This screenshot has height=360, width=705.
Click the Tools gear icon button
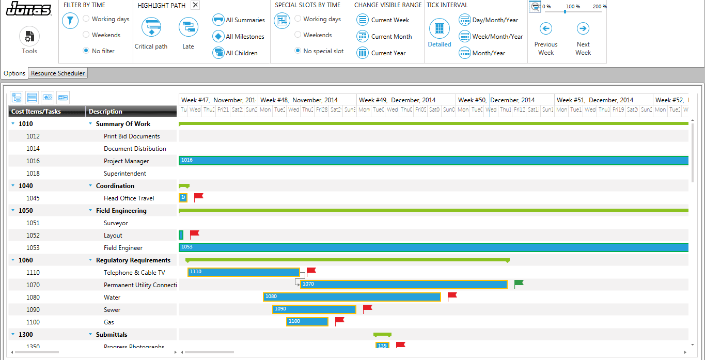point(29,37)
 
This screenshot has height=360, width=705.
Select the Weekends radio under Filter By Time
point(86,35)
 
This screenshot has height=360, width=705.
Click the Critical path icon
point(151,27)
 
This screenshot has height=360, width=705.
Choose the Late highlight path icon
point(188,27)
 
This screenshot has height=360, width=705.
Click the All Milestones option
point(218,37)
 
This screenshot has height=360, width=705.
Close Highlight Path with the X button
point(195,5)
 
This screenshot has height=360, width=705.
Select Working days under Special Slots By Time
point(298,19)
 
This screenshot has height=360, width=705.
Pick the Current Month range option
point(363,37)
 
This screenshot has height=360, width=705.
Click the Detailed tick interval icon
point(440,29)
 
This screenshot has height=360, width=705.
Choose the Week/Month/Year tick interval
point(465,37)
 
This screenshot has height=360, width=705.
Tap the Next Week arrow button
point(583,28)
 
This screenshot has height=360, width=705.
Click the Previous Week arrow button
point(546,28)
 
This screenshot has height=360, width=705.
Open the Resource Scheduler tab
point(58,73)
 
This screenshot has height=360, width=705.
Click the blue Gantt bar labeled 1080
point(351,297)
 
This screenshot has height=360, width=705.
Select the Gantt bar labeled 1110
point(243,272)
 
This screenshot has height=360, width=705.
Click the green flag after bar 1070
point(519,283)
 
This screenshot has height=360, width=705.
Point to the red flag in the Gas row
point(339,321)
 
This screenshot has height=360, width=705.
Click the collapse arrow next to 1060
point(13,260)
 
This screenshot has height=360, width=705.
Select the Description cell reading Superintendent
point(125,174)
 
